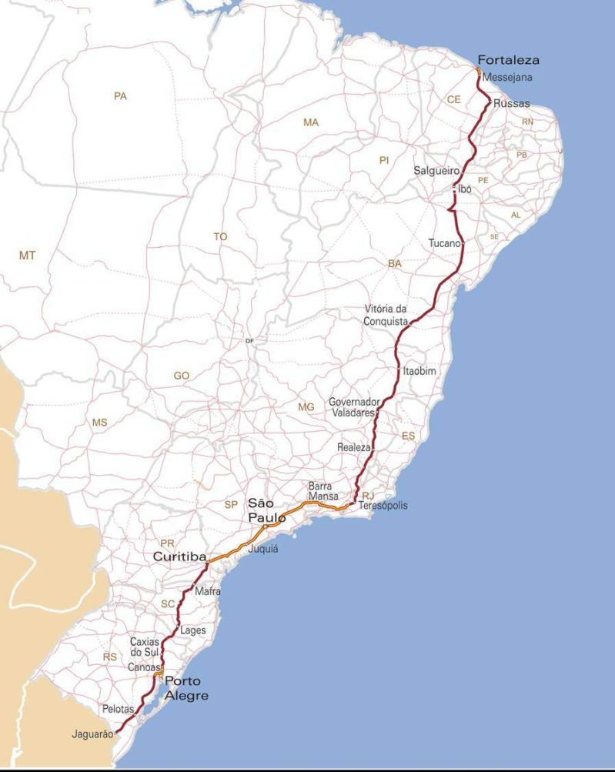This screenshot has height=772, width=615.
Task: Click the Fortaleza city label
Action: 508,60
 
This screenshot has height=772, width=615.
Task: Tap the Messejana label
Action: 507,78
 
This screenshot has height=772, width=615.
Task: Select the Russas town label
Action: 511,103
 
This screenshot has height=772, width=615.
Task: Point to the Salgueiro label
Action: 436,170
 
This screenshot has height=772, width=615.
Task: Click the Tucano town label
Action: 444,244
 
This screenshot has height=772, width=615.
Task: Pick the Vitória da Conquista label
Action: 386,316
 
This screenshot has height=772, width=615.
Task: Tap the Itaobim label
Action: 419,371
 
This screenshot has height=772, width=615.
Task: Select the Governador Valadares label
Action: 353,407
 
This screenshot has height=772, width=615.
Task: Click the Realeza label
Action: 354,447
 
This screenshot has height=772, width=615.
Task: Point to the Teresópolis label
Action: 383,506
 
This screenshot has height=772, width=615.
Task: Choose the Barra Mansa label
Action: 323,491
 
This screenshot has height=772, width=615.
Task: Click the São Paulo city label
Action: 266,511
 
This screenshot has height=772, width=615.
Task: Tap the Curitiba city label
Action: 179,556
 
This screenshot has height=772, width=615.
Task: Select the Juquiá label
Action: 263,550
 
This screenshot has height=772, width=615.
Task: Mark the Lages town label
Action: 192,630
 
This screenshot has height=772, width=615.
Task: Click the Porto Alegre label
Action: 186,688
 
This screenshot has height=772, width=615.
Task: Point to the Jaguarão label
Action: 92,734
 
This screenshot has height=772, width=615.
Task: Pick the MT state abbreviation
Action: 27,256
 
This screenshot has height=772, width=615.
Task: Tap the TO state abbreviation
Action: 220,237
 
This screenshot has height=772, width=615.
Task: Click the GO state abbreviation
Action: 181,376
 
